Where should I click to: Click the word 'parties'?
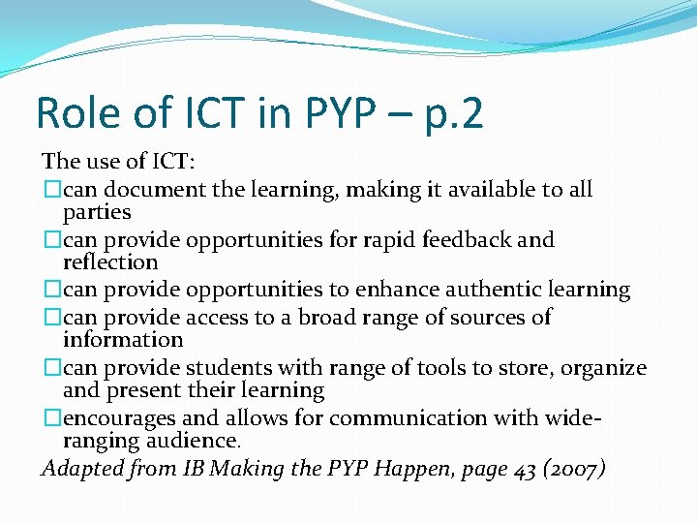coord(97,212)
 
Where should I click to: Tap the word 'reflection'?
coord(110,262)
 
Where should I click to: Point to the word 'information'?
coord(123,340)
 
